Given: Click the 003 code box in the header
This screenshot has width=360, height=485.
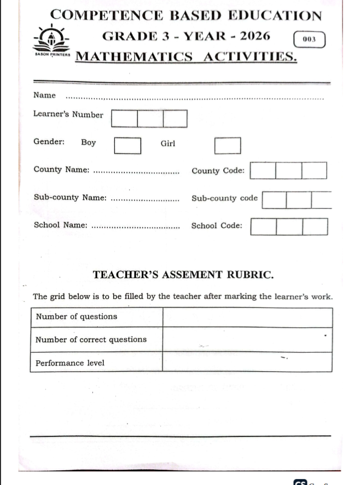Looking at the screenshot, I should [309, 40].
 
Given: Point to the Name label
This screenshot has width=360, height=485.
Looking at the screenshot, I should [44, 95].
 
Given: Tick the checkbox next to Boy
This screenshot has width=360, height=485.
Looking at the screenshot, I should [127, 146].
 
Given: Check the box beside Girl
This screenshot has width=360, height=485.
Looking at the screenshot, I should [228, 146].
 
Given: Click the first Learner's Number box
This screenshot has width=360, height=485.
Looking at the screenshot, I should [124, 119].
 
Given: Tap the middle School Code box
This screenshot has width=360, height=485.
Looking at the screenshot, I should [289, 227].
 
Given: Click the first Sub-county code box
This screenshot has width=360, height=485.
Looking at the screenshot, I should [275, 200].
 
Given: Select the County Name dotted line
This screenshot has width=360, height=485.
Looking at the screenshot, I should [137, 173].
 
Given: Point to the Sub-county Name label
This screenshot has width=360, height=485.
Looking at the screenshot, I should [70, 198].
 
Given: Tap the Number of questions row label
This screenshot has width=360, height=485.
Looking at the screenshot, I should [76, 317].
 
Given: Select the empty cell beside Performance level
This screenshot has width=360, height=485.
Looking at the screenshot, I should [247, 362].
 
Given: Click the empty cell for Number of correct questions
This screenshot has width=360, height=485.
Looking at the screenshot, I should [247, 339].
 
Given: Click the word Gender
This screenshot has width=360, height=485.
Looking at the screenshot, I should [49, 142].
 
